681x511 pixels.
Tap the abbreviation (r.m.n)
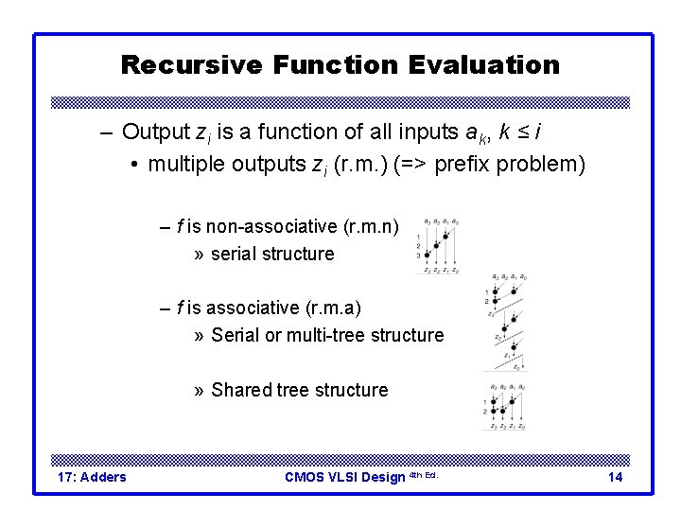click(375, 226)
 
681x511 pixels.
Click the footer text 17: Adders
click(92, 477)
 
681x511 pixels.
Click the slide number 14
click(615, 477)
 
